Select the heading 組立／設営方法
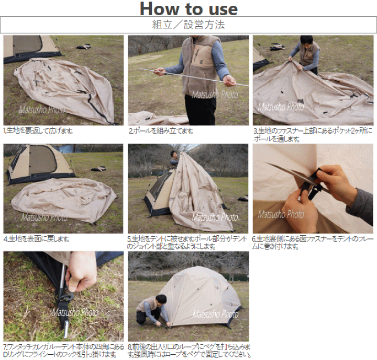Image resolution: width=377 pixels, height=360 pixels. [x=188, y=25]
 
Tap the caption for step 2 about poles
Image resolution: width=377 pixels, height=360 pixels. [x=161, y=131]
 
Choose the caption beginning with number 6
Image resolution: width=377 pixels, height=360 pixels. [x=312, y=243]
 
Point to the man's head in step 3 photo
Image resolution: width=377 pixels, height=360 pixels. [x=306, y=41]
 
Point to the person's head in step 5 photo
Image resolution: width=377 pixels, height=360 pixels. [x=173, y=155]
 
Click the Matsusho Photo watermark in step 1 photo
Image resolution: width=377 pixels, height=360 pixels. [x=42, y=110]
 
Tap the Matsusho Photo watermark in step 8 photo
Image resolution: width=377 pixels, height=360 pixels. [x=215, y=314]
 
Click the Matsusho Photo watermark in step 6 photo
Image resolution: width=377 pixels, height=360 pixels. [x=281, y=214]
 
